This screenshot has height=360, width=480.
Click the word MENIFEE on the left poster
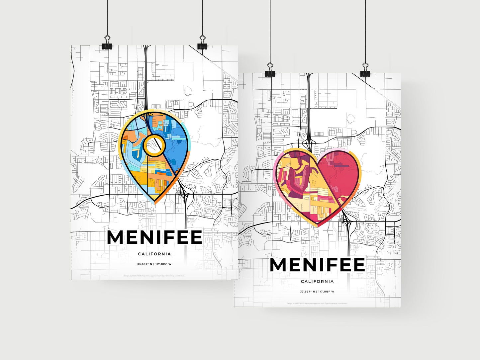tap(154, 237)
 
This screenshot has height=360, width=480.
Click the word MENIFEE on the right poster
tap(317, 265)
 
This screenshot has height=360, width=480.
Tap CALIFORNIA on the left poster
tap(154, 254)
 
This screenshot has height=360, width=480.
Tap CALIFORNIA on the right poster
tap(317, 282)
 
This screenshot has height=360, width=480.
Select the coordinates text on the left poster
tap(154, 264)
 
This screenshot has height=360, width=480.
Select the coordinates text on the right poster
tap(317, 292)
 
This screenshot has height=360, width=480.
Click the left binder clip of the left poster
tap(107, 45)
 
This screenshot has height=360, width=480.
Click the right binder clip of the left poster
tap(202, 45)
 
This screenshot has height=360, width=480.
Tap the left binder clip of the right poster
tap(270, 73)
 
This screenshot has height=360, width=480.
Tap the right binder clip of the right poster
tap(365, 73)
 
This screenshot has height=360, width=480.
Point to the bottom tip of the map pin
tap(155, 203)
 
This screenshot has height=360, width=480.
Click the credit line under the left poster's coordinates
tap(154, 276)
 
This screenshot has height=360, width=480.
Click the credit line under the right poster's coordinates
tap(317, 303)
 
